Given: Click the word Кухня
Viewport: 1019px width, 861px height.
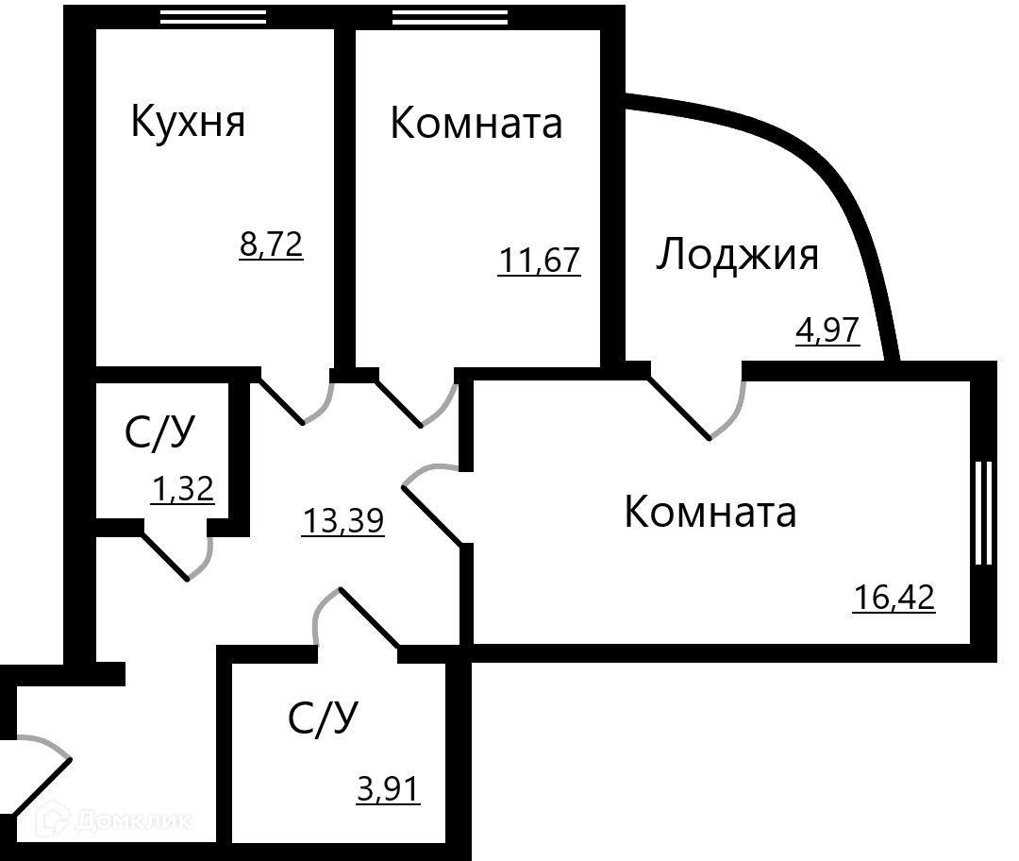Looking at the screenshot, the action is click(x=187, y=123).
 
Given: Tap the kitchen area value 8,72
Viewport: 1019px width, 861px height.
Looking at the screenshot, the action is click(x=271, y=246).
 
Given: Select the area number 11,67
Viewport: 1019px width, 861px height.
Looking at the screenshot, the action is click(x=539, y=260).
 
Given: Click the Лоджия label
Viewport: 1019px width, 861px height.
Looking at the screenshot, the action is click(x=737, y=255).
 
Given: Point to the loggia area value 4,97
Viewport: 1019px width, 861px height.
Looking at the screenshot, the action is click(x=827, y=332).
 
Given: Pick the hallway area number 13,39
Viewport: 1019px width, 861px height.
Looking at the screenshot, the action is click(x=342, y=520).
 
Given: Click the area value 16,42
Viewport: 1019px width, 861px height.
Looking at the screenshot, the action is click(x=894, y=598).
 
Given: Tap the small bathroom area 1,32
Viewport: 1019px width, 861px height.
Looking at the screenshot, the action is click(x=183, y=489).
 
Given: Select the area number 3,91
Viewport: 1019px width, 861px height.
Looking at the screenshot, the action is click(x=388, y=787).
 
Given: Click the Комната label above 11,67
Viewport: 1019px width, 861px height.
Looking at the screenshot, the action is click(x=476, y=124).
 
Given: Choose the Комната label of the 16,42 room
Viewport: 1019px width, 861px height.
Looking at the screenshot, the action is click(x=710, y=513).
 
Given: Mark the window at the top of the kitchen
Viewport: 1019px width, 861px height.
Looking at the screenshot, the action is click(x=212, y=16).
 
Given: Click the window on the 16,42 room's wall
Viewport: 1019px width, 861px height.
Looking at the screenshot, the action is click(x=983, y=513).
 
